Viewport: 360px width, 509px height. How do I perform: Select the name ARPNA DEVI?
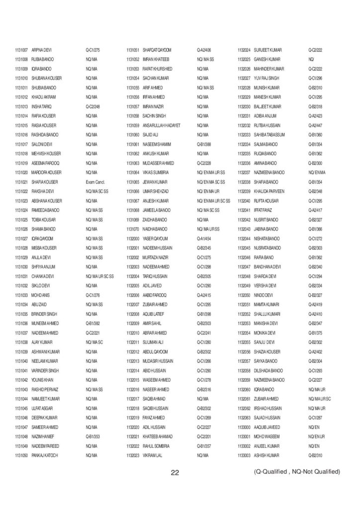click(42, 50)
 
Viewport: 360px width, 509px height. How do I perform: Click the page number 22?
click(175, 473)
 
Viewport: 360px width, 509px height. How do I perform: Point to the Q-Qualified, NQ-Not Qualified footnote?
click(296, 471)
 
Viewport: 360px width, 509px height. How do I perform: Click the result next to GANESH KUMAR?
click(312, 60)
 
